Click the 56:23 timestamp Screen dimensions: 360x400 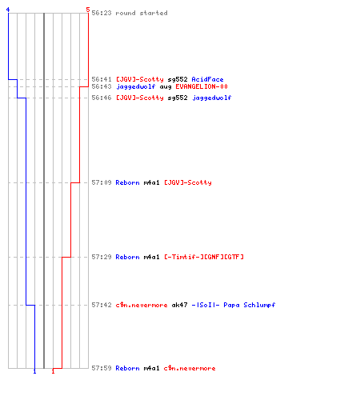[102, 13]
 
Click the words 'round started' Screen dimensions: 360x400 [142, 13]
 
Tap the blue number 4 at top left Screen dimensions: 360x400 [8, 10]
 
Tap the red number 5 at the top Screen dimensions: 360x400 [88, 10]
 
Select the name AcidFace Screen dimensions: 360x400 [207, 79]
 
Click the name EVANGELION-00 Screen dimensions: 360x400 [202, 86]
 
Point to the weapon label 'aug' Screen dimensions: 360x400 [166, 87]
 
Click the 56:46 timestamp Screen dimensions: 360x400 [102, 98]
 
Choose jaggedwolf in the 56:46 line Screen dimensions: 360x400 [212, 98]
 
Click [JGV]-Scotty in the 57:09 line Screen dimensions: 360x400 [188, 182]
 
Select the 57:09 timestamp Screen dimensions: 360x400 [102, 182]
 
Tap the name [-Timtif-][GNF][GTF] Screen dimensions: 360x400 [204, 257]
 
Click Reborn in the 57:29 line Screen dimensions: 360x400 [127, 257]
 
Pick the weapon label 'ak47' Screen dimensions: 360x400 [179, 305]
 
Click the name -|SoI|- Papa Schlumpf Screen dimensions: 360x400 [234, 305]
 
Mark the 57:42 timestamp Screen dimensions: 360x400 [102, 305]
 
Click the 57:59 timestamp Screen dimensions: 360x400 [102, 368]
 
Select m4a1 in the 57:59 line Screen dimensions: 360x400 [151, 368]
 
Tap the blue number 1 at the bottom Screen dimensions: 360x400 [34, 371]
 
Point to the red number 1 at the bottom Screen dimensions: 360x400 [53, 371]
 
